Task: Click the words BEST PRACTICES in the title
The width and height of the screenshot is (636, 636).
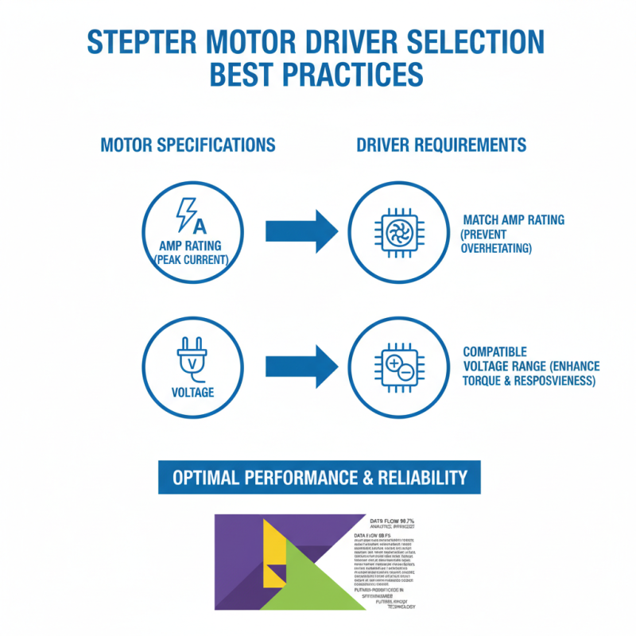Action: pyautogui.click(x=316, y=75)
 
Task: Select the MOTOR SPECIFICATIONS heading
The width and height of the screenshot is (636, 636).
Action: pyautogui.click(x=188, y=145)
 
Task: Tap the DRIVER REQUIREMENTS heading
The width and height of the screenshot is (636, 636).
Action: pyautogui.click(x=441, y=145)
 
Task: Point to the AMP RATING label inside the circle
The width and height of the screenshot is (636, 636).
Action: pyautogui.click(x=190, y=246)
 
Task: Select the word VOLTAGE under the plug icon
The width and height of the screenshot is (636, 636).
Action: pyautogui.click(x=192, y=393)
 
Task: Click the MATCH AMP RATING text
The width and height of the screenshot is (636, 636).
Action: pyautogui.click(x=514, y=219)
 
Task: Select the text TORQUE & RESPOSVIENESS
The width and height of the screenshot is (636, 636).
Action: pyautogui.click(x=528, y=381)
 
